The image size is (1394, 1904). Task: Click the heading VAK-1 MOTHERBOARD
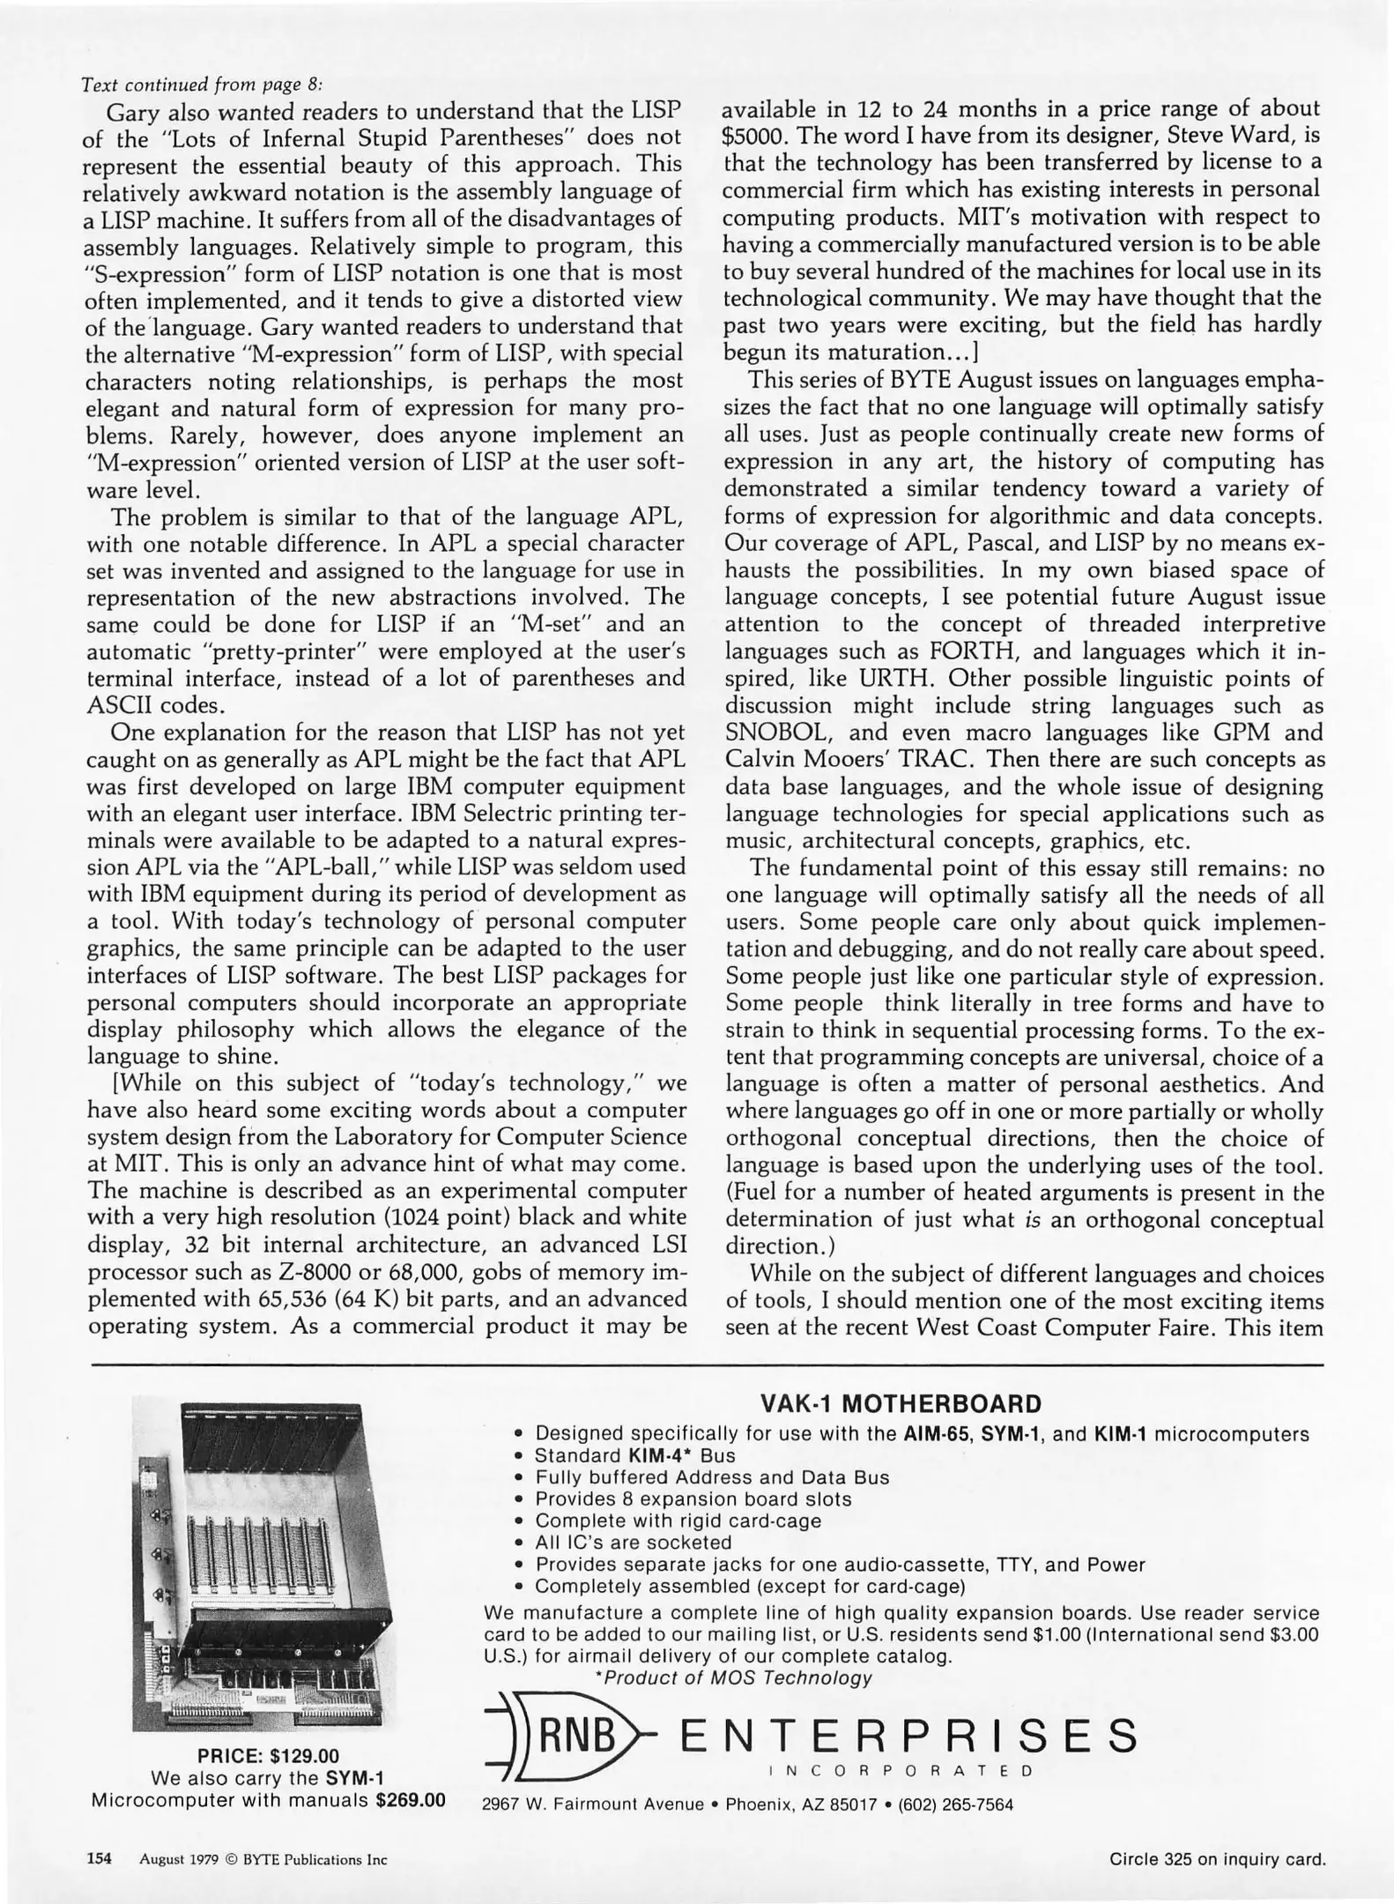pyautogui.click(x=900, y=1403)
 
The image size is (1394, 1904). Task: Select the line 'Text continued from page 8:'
pyautogui.click(x=202, y=85)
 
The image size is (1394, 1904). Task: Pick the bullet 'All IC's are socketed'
pyautogui.click(x=633, y=1543)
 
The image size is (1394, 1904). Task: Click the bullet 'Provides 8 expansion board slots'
pyautogui.click(x=693, y=1499)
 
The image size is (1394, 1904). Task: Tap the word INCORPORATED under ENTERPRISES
pyautogui.click(x=900, y=1771)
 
